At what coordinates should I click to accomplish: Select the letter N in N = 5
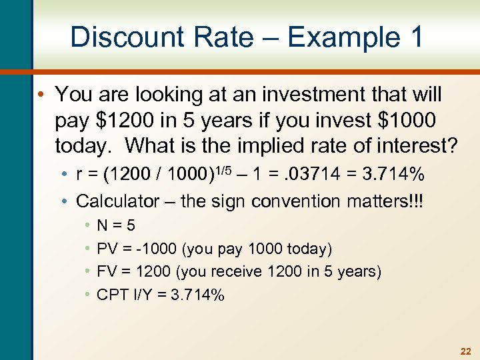[x=102, y=226]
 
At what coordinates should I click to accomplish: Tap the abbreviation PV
[x=107, y=249]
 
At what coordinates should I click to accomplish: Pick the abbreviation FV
[x=107, y=272]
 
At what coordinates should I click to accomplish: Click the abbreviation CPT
[x=111, y=295]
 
